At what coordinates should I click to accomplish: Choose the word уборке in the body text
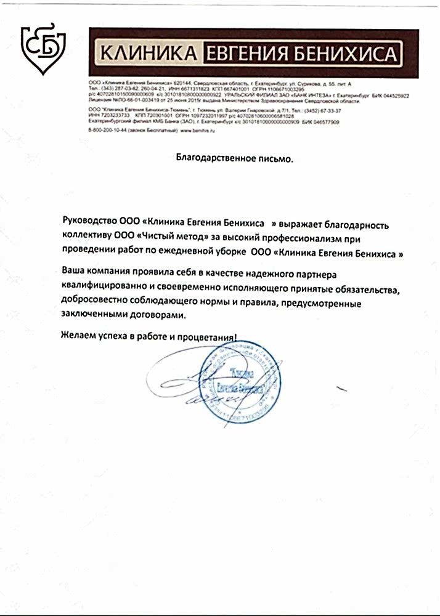(227, 252)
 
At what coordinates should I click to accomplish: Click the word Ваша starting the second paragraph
(73, 272)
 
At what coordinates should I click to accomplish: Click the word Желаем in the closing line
(78, 337)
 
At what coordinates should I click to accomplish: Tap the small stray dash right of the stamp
(341, 389)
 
